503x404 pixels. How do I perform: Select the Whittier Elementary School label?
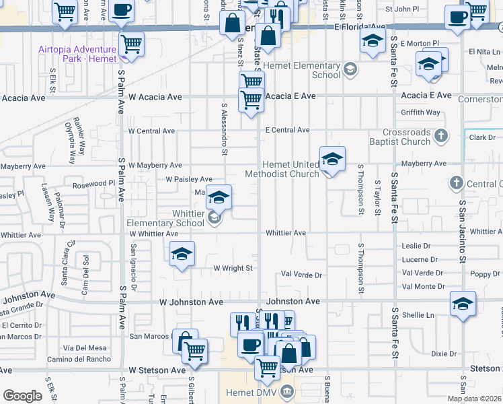click(x=165, y=218)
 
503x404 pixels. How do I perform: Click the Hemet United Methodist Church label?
click(x=291, y=170)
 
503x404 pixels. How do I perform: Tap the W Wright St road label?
click(x=232, y=268)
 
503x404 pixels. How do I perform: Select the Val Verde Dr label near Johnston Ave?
click(x=301, y=275)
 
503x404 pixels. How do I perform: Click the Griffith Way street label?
click(x=420, y=112)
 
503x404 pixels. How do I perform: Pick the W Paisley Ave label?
click(x=189, y=179)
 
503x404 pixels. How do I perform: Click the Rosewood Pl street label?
click(x=93, y=183)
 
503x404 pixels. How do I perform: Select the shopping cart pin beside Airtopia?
click(x=131, y=44)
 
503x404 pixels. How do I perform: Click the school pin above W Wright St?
click(x=182, y=254)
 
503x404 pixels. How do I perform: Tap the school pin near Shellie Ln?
click(x=463, y=304)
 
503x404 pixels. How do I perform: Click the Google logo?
click(x=22, y=396)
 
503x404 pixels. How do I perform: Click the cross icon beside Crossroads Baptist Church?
click(x=441, y=137)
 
